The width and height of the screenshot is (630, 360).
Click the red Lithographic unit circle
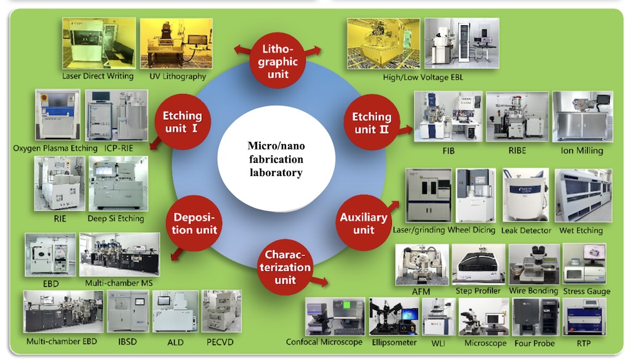coord(279,61)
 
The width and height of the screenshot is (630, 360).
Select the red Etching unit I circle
coord(182,121)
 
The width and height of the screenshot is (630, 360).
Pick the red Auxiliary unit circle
coord(364,223)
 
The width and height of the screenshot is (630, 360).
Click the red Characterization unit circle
coord(285,267)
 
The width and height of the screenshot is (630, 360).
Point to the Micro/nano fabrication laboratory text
coord(276,159)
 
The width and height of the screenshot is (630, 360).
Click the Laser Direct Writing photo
coord(97,43)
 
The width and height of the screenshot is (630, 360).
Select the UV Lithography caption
coord(177,76)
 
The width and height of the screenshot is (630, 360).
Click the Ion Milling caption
coord(582,150)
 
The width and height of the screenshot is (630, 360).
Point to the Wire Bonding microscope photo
coord(533,264)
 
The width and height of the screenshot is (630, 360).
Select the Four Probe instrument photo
coord(535,317)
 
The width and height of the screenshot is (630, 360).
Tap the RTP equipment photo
coord(584,317)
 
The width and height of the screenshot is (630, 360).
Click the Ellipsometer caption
coord(394,342)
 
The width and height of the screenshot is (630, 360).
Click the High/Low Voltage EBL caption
coord(423,78)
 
